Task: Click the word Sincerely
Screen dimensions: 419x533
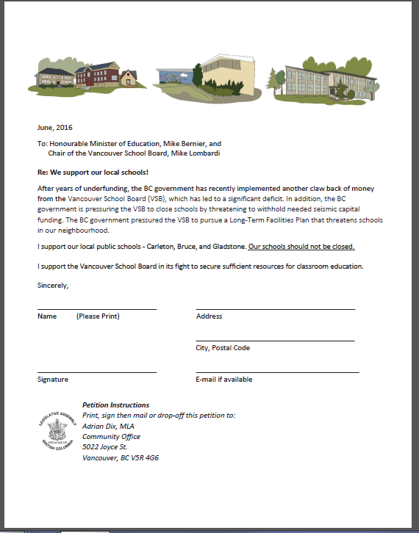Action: point(53,284)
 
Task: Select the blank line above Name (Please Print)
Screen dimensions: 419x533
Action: point(96,309)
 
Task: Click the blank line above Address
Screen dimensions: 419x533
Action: point(275,309)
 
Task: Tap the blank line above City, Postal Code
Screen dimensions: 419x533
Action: point(275,341)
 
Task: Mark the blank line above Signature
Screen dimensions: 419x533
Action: point(96,372)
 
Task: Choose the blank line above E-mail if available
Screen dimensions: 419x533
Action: point(277,372)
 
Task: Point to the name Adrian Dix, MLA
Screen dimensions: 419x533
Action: point(108,426)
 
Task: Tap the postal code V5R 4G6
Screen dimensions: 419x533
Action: point(143,457)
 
